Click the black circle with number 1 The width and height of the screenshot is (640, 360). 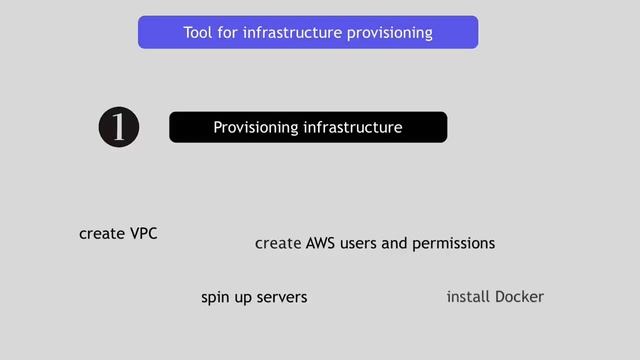pyautogui.click(x=119, y=127)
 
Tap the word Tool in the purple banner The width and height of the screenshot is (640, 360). pyautogui.click(x=199, y=33)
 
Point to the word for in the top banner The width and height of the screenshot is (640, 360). pyautogui.click(x=230, y=33)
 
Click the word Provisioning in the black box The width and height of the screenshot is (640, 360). pyautogui.click(x=256, y=127)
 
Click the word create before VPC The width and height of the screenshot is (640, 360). pyautogui.click(x=101, y=234)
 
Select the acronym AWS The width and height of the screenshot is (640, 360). pyautogui.click(x=321, y=243)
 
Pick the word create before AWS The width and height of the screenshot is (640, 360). pyautogui.click(x=278, y=243)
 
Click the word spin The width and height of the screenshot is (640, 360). pyautogui.click(x=216, y=297)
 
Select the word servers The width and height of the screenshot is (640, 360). pyautogui.click(x=282, y=297)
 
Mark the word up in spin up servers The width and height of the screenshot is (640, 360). pyautogui.click(x=244, y=298)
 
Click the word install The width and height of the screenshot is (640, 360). pyautogui.click(x=468, y=297)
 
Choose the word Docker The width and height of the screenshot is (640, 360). pyautogui.click(x=519, y=297)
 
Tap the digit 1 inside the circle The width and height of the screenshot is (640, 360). pyautogui.click(x=119, y=127)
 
